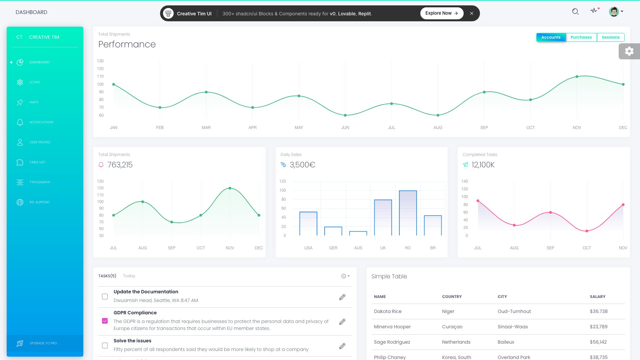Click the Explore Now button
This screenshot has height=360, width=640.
(x=441, y=13)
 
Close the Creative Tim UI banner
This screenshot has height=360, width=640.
(x=471, y=13)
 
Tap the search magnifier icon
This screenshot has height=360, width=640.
(x=575, y=12)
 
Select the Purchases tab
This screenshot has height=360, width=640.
(x=581, y=37)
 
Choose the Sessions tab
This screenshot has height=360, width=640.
(x=610, y=37)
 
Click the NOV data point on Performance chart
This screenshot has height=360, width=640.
(x=577, y=77)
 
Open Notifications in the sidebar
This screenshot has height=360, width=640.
(x=41, y=122)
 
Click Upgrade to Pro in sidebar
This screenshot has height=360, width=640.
(x=43, y=343)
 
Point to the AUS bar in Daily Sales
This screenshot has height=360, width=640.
(x=358, y=233)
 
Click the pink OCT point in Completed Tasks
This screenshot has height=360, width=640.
(x=587, y=231)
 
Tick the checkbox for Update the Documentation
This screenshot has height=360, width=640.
(x=105, y=296)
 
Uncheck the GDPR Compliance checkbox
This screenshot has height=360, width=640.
(x=105, y=321)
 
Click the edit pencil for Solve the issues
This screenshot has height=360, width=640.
(x=342, y=346)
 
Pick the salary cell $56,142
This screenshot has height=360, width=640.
(x=598, y=342)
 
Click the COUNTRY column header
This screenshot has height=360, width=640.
(x=452, y=297)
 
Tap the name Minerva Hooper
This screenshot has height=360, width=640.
(x=392, y=327)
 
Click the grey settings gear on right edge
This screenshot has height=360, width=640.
(x=629, y=51)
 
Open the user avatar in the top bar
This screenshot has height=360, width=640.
(x=614, y=12)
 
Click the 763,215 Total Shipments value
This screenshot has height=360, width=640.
(x=120, y=165)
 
